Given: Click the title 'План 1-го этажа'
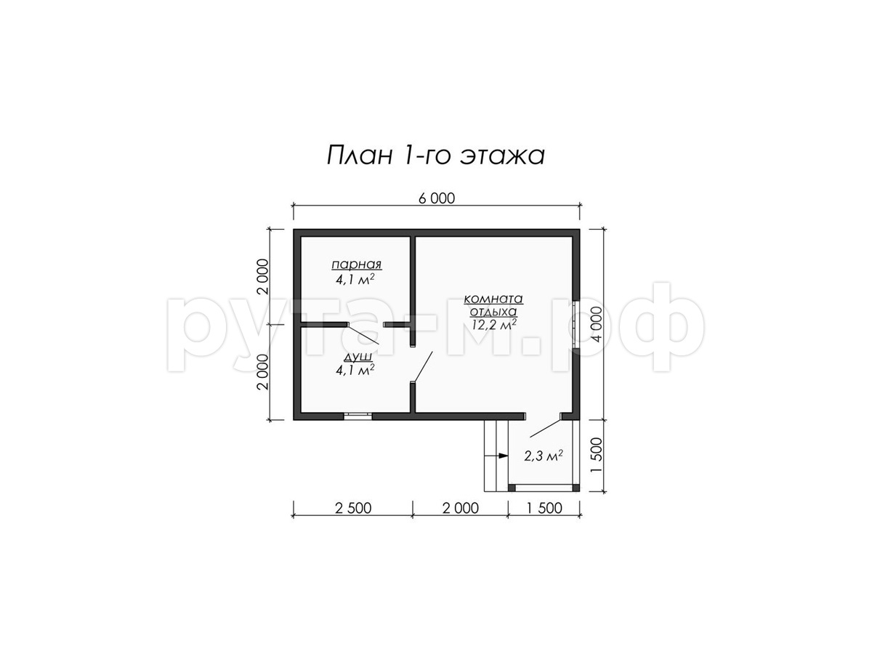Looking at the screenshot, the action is tap(435, 156).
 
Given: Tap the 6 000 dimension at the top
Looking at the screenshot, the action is tap(436, 198).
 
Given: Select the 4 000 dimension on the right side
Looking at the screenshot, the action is tap(597, 323).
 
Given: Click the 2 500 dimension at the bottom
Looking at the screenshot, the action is tap(352, 507).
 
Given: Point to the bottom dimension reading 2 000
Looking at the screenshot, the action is tap(461, 507).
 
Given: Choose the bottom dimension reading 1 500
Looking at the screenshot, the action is tap(544, 507).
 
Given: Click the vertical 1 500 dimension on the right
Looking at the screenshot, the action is tap(597, 455).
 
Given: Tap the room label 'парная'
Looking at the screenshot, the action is tap(356, 265).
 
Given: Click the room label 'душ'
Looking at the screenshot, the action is tap(358, 357).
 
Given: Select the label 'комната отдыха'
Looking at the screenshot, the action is tap(493, 305).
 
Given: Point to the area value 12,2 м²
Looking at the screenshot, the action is tap(494, 324).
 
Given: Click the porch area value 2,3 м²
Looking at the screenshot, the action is tap(543, 456).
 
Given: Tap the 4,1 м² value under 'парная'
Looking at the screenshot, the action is tap(355, 279).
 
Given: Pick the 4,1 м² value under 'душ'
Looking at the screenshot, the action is tap(355, 370).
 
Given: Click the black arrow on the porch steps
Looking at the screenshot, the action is tap(503, 456).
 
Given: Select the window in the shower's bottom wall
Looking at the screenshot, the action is tap(358, 416).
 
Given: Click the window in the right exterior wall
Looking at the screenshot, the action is tap(576, 323).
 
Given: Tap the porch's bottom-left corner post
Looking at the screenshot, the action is tap(512, 487).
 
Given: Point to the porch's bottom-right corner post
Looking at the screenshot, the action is tap(576, 487).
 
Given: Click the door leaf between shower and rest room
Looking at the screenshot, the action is tap(422, 366).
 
